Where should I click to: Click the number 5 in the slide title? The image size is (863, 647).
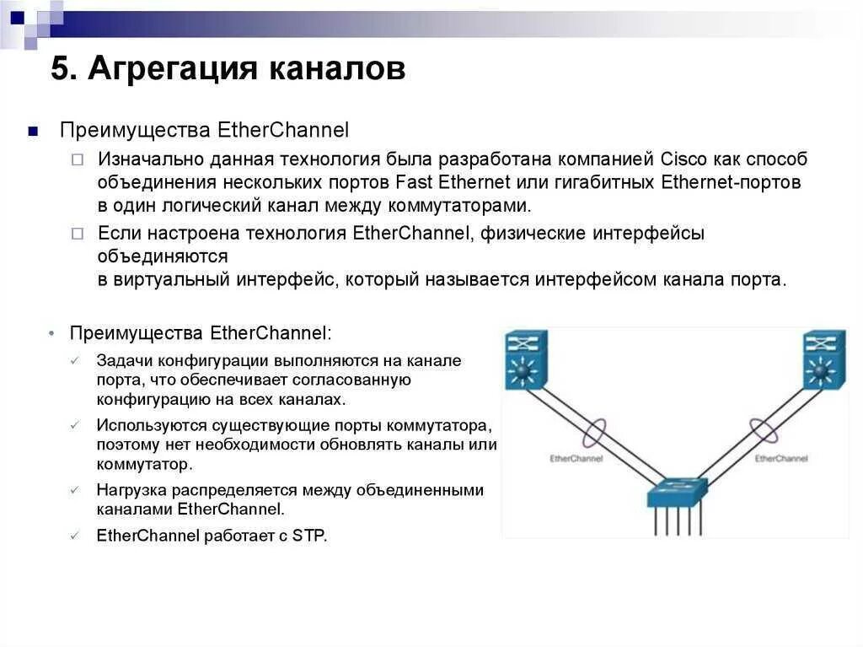[x=58, y=69]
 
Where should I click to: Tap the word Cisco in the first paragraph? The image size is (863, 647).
[x=685, y=159]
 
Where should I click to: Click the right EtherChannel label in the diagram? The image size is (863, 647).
[x=780, y=458]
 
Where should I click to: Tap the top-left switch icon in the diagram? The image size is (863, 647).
[x=526, y=359]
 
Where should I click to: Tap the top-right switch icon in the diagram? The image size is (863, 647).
[x=823, y=359]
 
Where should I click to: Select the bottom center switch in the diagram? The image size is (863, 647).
[x=676, y=493]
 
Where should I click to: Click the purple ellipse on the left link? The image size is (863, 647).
[x=594, y=433]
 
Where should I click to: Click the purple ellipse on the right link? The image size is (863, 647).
[x=764, y=431]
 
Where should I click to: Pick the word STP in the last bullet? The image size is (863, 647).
[x=308, y=535]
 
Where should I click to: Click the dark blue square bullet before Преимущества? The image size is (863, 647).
[x=32, y=131]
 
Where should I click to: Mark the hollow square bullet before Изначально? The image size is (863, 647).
[x=77, y=159]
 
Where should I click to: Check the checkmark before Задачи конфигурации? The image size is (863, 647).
[x=75, y=360]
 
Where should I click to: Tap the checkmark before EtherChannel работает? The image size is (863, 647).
[x=75, y=535]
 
